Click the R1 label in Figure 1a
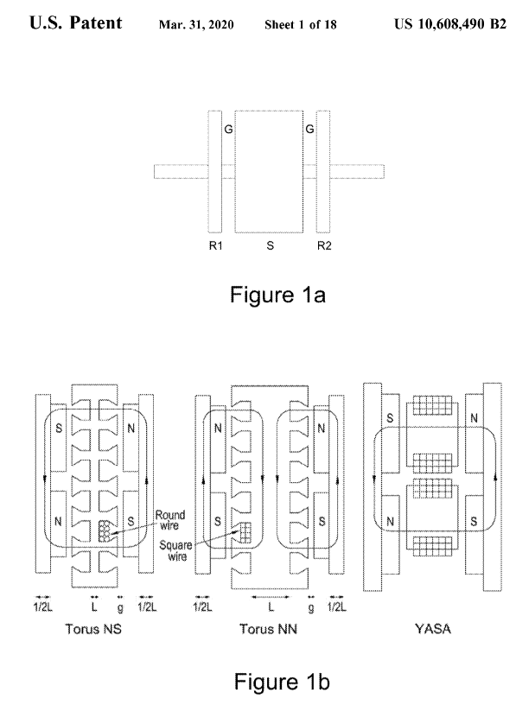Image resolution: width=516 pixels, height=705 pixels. pos(216,246)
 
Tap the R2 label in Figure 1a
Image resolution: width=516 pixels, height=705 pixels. pos(324,246)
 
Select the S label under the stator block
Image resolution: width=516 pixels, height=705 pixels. pos(270,246)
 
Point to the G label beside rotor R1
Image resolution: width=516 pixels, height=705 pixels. pos(228,130)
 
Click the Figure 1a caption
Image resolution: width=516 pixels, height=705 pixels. pos(277,295)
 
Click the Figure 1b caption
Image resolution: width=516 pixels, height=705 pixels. pos(282,681)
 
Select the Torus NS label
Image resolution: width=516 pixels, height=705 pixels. pos(93,629)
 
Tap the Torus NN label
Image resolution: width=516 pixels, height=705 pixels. pos(269,629)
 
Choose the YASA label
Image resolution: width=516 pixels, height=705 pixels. pos(433,629)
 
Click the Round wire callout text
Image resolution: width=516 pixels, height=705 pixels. pos(169,520)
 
